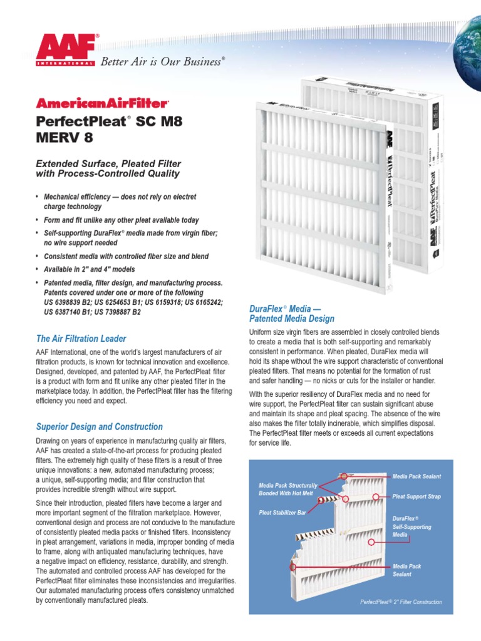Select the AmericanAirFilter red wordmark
tap(103, 103)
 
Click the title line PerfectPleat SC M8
tap(110, 121)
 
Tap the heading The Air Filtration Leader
tap(81, 339)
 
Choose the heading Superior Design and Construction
tap(99, 427)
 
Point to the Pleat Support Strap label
tap(416, 496)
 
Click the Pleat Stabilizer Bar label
tap(282, 512)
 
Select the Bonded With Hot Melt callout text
tap(287, 494)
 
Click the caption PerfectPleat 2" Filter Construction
tap(401, 602)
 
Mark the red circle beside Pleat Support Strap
tap(376, 496)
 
